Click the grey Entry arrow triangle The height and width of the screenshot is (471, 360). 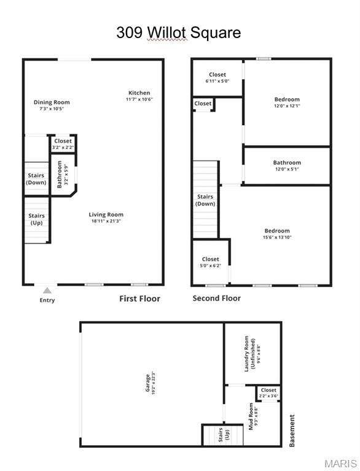pos(47,291)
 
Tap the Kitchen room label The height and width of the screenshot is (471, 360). pos(139,93)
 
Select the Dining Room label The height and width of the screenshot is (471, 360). pos(52,102)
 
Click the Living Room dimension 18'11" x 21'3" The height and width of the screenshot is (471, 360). pos(106,221)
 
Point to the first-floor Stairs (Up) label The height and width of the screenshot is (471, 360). pos(36,219)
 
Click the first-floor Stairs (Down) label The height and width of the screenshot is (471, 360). pos(36,178)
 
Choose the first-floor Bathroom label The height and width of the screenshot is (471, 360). pos(60,175)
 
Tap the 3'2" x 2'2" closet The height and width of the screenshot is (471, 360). pos(63,144)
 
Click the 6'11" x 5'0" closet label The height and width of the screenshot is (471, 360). pos(217,77)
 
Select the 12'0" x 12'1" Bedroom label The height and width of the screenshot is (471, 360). pos(287,102)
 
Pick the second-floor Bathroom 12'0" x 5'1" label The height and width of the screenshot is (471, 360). pos(287,166)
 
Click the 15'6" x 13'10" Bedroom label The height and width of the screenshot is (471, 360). pos(277,234)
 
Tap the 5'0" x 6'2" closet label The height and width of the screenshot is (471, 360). pos(210,262)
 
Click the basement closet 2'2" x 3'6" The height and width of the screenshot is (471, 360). pos(268,393)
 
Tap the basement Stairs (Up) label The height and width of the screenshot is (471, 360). pos(224,435)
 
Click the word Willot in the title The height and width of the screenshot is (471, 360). pos(166,33)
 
